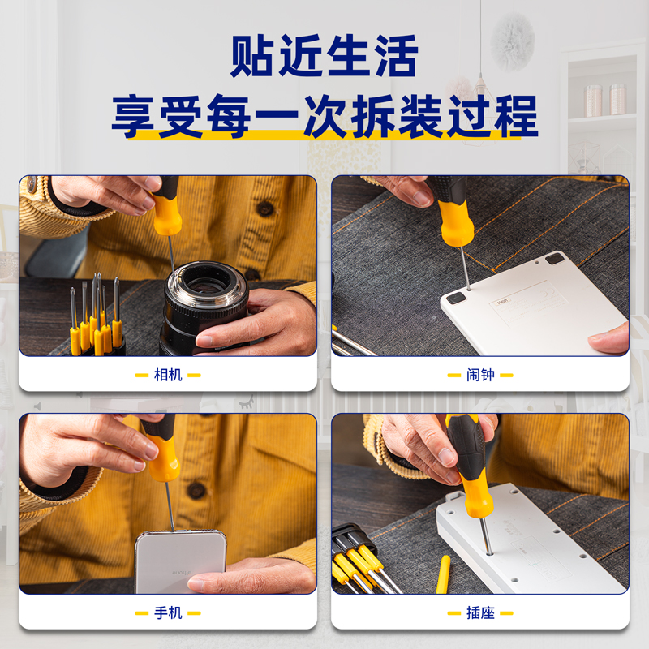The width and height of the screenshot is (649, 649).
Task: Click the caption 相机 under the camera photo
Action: click(168, 375)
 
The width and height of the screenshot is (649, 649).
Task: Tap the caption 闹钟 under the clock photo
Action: click(480, 375)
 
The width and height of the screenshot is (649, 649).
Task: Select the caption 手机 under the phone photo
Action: click(168, 613)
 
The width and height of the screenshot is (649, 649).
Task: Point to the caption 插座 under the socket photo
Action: click(480, 613)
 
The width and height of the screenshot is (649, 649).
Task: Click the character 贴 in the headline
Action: click(251, 56)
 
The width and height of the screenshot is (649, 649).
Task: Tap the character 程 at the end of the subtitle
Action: click(516, 116)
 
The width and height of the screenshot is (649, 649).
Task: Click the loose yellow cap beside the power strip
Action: click(443, 574)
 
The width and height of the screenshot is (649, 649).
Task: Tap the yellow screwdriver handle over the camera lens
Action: click(167, 214)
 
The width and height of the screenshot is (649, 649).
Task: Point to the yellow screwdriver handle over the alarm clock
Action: click(455, 224)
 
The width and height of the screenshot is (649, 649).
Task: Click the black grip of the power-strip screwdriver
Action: click(467, 447)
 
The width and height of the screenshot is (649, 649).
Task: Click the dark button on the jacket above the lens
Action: click(266, 209)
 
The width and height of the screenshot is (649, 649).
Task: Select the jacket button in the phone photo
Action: click(196, 490)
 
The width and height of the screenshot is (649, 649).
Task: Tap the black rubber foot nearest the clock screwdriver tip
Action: click(456, 298)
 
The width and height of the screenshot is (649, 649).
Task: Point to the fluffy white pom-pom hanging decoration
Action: click(513, 41)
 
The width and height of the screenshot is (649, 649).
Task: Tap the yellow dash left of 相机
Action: click(141, 376)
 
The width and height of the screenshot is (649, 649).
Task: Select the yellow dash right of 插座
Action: click(506, 613)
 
